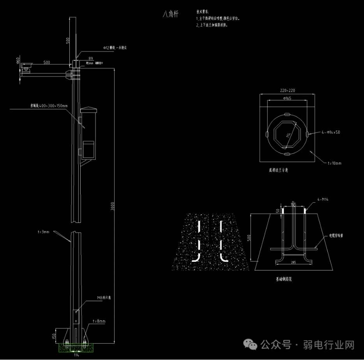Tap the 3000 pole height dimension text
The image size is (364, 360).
pyautogui.click(x=113, y=206)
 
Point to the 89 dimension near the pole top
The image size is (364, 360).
pyautogui.click(x=91, y=58)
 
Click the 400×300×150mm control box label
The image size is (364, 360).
pyautogui.click(x=49, y=106)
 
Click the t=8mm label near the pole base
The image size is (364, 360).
pyautogui.click(x=99, y=321)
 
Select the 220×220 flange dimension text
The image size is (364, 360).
pyautogui.click(x=288, y=90)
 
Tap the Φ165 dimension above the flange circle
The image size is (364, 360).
pyautogui.click(x=288, y=98)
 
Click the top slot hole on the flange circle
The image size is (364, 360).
pyautogui.click(x=287, y=114)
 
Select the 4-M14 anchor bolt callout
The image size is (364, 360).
pyautogui.click(x=322, y=199)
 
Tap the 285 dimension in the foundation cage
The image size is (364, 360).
pyautogui.click(x=293, y=262)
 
